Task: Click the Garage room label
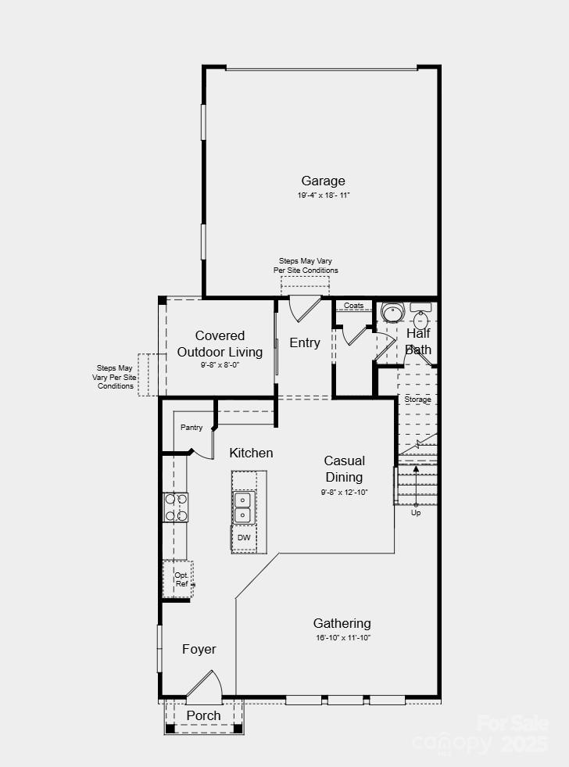point(323,181)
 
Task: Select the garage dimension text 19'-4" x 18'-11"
point(323,195)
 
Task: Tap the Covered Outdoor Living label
point(220,344)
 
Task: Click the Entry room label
point(305,342)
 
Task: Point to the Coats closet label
point(354,306)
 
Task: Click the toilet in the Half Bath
point(392,313)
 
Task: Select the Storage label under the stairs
point(417,400)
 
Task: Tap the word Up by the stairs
point(416,513)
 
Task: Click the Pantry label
point(191,428)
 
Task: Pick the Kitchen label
point(251,453)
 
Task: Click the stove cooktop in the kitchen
point(175,507)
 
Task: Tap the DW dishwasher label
point(244,538)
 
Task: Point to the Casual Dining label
point(344,469)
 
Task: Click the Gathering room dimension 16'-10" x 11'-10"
point(342,638)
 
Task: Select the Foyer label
point(199,649)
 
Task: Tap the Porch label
point(203,715)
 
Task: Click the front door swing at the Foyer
point(205,684)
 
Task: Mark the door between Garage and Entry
point(304,309)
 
